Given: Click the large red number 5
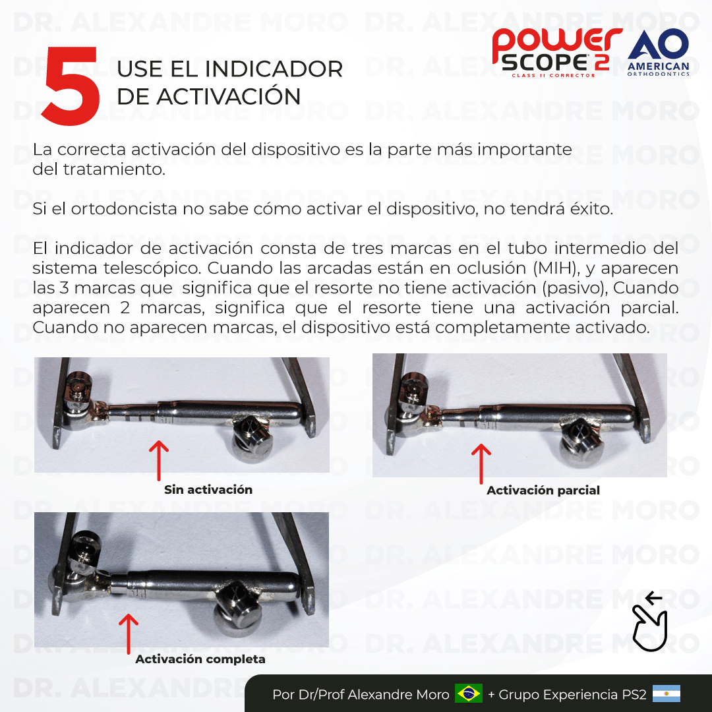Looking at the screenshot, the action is click(x=71, y=86).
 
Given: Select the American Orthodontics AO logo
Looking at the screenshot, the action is click(x=659, y=53).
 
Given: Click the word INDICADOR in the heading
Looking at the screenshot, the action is click(x=274, y=69).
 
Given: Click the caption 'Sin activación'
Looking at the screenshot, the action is click(x=208, y=489).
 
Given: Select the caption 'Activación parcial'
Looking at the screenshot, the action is click(x=543, y=490).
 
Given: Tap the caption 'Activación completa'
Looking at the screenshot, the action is click(x=200, y=659).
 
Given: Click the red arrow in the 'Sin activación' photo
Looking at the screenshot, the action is click(x=158, y=460).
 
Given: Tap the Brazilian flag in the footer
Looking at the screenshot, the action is click(x=468, y=694).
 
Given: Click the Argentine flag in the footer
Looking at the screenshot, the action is click(x=666, y=694).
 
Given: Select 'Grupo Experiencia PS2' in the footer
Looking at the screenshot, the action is click(x=572, y=695).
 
